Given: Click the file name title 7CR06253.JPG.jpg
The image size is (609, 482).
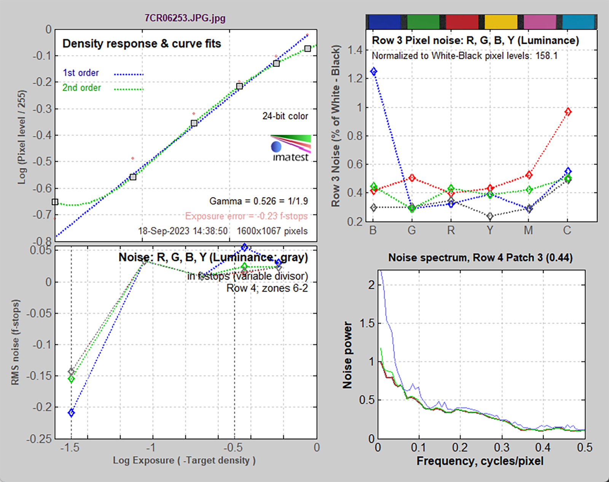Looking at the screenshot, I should [x=185, y=18].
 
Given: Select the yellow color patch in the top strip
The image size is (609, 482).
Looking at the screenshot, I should [x=501, y=22].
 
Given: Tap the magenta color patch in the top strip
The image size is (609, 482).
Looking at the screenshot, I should [x=540, y=22].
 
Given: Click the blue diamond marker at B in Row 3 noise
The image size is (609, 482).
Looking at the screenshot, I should [x=374, y=72].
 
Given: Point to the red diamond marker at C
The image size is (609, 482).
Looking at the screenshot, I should [x=568, y=112].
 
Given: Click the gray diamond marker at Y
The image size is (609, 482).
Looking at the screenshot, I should [x=490, y=216].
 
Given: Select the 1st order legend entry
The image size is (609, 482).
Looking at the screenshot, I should [x=81, y=73].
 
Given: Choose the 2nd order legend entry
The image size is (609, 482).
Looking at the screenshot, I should [x=81, y=88].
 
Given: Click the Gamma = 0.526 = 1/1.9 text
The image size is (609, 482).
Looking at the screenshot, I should [x=258, y=201].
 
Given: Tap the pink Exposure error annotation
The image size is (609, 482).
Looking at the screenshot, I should [x=246, y=216].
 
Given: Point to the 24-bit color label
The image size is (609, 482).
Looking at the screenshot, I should [x=285, y=116].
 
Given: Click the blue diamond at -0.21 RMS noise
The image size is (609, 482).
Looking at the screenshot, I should [x=71, y=413].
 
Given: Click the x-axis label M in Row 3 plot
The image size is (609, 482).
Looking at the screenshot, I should [x=528, y=230].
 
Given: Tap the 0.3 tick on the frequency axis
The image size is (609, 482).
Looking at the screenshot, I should [x=502, y=447].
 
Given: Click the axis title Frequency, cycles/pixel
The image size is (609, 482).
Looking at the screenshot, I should [x=480, y=461].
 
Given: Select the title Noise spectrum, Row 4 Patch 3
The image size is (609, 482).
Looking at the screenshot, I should [x=480, y=258].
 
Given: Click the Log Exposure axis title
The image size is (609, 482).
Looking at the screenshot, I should [x=184, y=460].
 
